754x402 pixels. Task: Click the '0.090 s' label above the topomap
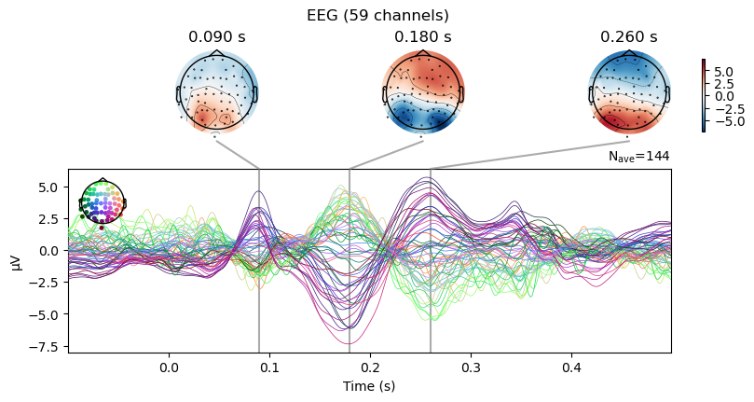click(x=216, y=37)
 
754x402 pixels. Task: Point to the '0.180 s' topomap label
click(x=422, y=37)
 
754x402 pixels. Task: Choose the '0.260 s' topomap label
click(x=629, y=37)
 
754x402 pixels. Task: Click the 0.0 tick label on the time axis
click(x=169, y=368)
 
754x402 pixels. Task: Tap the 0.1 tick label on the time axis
click(x=269, y=368)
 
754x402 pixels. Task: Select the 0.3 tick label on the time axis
click(x=471, y=368)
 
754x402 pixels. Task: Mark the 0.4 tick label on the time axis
click(x=571, y=368)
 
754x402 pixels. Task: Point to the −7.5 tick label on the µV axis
click(x=46, y=346)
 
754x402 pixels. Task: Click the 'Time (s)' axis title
click(x=369, y=386)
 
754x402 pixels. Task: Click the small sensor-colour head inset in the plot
click(x=103, y=201)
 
